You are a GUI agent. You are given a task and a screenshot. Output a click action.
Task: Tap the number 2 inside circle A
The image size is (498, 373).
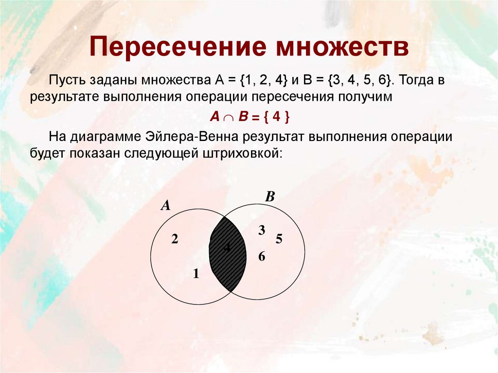pyautogui.click(x=175, y=239)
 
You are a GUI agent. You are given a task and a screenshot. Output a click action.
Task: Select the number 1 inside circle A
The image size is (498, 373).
pyautogui.click(x=196, y=274)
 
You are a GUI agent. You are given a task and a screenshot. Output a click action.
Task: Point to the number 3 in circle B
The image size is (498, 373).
pyautogui.click(x=262, y=231)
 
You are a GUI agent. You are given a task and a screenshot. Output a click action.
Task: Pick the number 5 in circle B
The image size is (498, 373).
pyautogui.click(x=279, y=239)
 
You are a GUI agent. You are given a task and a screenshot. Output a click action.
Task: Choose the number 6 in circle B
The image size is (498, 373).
pyautogui.click(x=262, y=257)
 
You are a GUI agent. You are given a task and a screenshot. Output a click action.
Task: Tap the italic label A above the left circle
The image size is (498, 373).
pyautogui.click(x=166, y=206)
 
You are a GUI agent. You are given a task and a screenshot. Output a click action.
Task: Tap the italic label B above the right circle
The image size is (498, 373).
pyautogui.click(x=270, y=197)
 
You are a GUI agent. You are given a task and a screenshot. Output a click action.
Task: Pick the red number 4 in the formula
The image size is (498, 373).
pyautogui.click(x=275, y=118)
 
